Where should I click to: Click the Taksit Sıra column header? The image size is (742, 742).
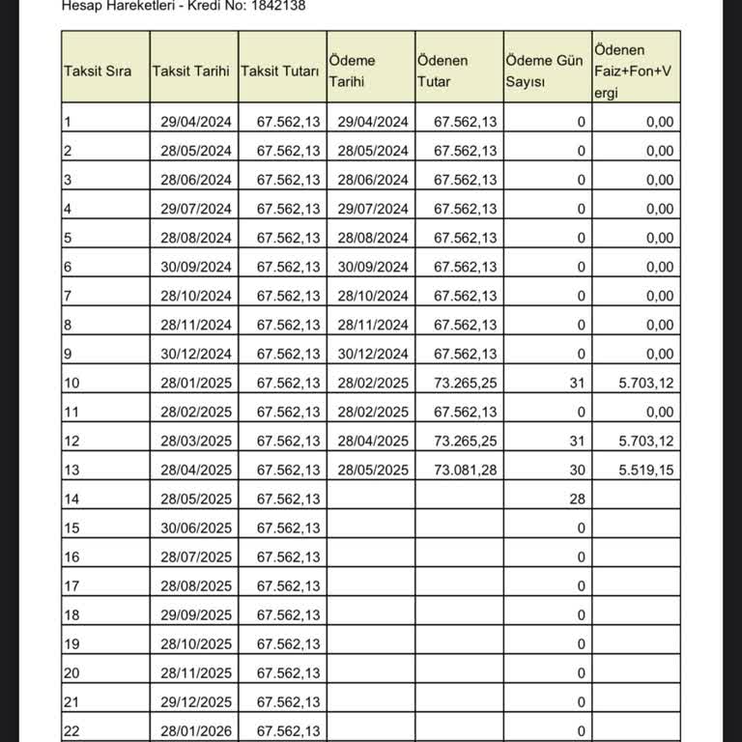coord(97,71)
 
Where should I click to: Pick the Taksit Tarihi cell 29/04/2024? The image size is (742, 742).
coord(196,122)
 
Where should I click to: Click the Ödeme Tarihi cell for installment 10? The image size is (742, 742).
coord(374,383)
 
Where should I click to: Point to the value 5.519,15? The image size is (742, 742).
coord(646,470)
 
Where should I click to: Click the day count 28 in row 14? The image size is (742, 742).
coord(577,499)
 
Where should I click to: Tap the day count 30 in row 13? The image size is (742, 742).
coord(577,470)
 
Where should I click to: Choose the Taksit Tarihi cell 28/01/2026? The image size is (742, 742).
coord(196,730)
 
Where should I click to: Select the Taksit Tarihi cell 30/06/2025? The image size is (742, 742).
coord(196,528)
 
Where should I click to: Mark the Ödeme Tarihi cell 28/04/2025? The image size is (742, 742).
coord(374,441)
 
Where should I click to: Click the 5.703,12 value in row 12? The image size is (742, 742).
coord(646,441)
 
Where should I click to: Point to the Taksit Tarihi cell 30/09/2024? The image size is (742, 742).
coord(196,267)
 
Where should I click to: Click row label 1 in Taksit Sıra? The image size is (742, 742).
coord(67,122)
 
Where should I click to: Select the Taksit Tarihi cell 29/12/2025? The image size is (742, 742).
coord(196,701)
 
